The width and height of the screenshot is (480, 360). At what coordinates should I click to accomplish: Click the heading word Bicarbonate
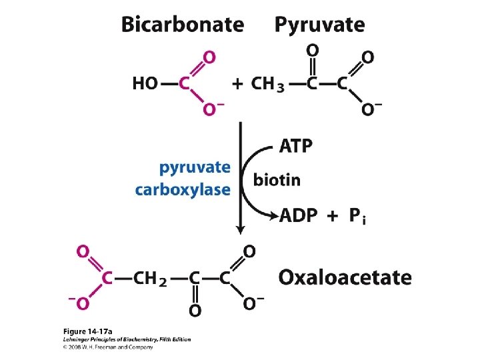pyautogui.click(x=182, y=25)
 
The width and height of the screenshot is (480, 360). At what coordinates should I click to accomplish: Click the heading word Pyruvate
pyautogui.click(x=320, y=25)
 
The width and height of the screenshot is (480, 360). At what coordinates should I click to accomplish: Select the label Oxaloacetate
pyautogui.click(x=345, y=277)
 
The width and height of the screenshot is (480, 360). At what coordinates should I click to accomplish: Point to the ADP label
pyautogui.click(x=299, y=216)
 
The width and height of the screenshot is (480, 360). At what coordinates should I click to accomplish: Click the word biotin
pyautogui.click(x=277, y=180)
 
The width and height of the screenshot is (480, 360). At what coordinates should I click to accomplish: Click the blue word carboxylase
pyautogui.click(x=182, y=189)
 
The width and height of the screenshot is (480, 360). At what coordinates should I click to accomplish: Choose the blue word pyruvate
pyautogui.click(x=195, y=168)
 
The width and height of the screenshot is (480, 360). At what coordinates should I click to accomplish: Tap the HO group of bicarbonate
pyautogui.click(x=145, y=84)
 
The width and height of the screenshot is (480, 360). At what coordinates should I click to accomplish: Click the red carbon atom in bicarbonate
pyautogui.click(x=185, y=84)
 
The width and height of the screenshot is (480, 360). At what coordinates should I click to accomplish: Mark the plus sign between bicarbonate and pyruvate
pyautogui.click(x=237, y=84)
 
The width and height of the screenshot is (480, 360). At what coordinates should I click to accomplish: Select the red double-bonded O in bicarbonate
pyautogui.click(x=209, y=58)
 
